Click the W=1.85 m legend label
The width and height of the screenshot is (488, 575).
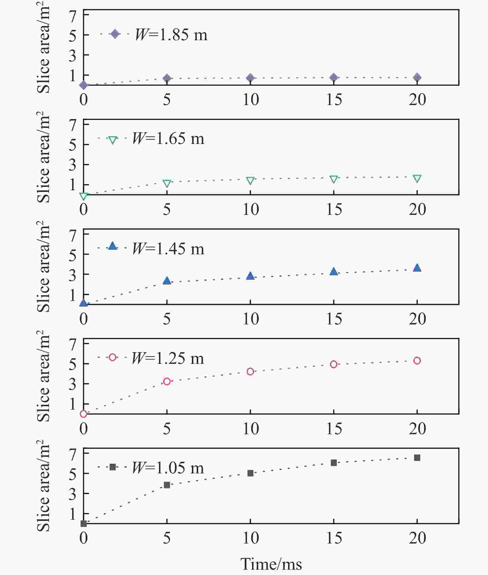pyautogui.click(x=171, y=35)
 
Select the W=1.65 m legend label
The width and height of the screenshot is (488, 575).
pyautogui.click(x=168, y=138)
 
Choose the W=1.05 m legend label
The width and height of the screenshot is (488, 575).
pyautogui.click(x=168, y=468)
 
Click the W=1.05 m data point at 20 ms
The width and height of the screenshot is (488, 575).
pyautogui.click(x=417, y=458)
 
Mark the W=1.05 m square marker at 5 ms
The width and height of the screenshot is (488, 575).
pyautogui.click(x=167, y=485)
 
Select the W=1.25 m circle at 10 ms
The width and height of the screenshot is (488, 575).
pyautogui.click(x=250, y=372)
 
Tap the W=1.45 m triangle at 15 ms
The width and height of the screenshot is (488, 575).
pyautogui.click(x=334, y=272)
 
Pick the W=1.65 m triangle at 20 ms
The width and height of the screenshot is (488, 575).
pyautogui.click(x=417, y=179)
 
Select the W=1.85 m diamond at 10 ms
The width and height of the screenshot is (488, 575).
pyautogui.click(x=250, y=78)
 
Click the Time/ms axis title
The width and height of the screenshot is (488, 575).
pyautogui.click(x=271, y=564)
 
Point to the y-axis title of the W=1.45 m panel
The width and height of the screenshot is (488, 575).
pyautogui.click(x=43, y=267)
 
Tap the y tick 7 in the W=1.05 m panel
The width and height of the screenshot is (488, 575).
pyautogui.click(x=73, y=454)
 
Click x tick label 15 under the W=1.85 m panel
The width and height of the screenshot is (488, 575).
pyautogui.click(x=334, y=99)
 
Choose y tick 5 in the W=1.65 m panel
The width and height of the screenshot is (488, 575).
pyautogui.click(x=73, y=145)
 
